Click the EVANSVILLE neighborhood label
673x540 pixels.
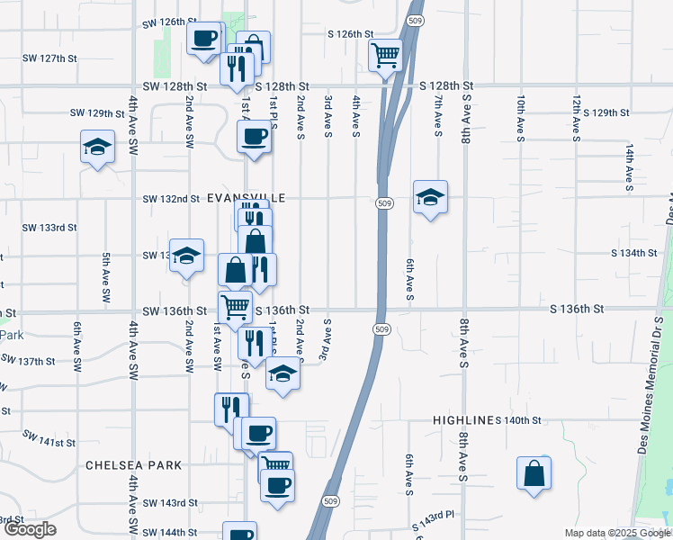(247, 198)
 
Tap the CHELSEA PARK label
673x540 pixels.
(133, 465)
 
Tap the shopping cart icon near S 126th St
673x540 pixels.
(385, 56)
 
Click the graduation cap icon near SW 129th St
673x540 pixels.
(96, 148)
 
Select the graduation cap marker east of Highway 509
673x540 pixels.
(431, 196)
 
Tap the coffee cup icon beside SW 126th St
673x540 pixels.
(204, 38)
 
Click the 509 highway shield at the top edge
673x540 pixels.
(414, 20)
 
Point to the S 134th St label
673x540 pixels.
(634, 254)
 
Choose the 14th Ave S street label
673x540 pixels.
(631, 162)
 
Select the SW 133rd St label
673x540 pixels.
(47, 227)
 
